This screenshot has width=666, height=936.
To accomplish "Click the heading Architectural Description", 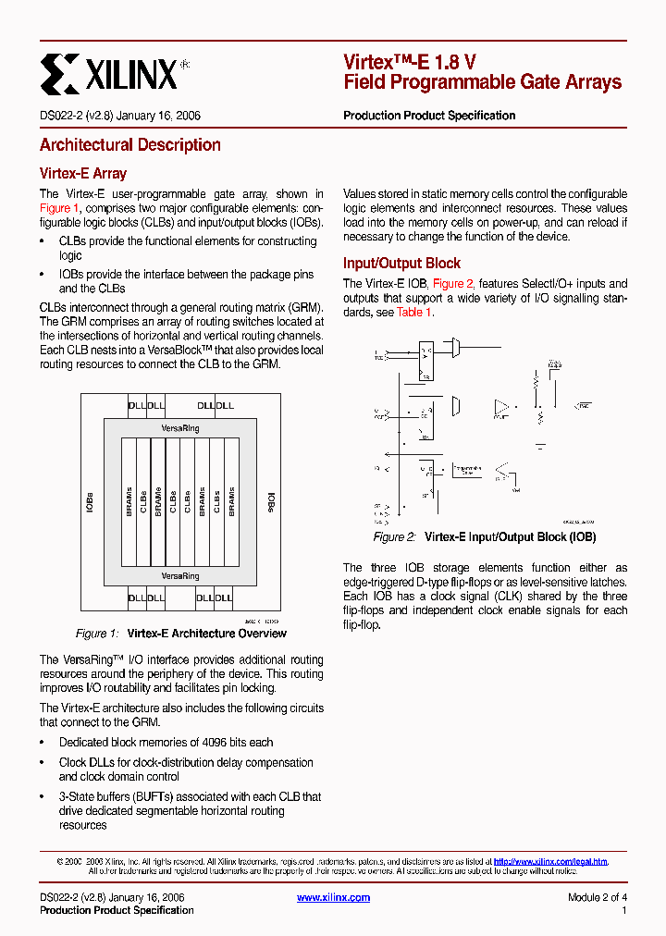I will [x=129, y=145].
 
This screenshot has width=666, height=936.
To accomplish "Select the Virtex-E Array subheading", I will [x=83, y=174].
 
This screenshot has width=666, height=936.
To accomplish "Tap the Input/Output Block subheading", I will [x=401, y=264].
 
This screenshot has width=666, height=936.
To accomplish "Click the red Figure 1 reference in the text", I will [x=59, y=208].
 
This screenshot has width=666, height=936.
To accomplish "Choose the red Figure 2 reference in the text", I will [x=453, y=284].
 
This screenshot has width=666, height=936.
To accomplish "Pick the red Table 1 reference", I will [x=413, y=313].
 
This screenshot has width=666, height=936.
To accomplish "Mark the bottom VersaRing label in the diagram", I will [x=179, y=576].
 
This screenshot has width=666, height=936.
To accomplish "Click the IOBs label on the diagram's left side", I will [x=90, y=501].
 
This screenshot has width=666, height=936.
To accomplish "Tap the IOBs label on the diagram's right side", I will [x=272, y=501].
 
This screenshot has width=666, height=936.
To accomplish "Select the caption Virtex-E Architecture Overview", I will [x=206, y=634].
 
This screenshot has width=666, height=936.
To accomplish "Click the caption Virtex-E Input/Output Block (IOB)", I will [x=510, y=537].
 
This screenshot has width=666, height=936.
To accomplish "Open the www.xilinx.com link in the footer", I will [x=333, y=897].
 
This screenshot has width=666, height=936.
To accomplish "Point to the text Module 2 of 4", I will [x=597, y=897].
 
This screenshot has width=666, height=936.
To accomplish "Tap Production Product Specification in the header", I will [x=429, y=116].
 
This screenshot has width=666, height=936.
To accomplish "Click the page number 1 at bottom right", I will [x=624, y=911].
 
